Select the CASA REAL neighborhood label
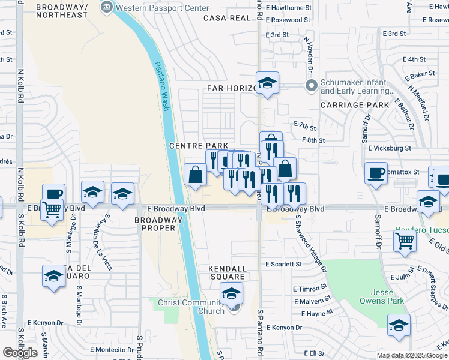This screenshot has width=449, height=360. (226, 18)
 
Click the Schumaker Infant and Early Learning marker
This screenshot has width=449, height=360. (311, 87)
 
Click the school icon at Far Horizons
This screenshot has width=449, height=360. (267, 83)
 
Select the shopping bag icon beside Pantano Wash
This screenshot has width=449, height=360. (196, 175)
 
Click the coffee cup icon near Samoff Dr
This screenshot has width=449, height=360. (376, 173)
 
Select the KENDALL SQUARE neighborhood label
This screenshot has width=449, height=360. (228, 268)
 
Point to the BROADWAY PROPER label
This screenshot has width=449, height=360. (158, 224)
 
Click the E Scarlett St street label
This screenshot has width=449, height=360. (284, 264)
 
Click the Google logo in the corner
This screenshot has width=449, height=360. (20, 353)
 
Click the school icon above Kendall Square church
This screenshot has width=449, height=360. (231, 293)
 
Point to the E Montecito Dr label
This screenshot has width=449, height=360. (112, 349)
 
